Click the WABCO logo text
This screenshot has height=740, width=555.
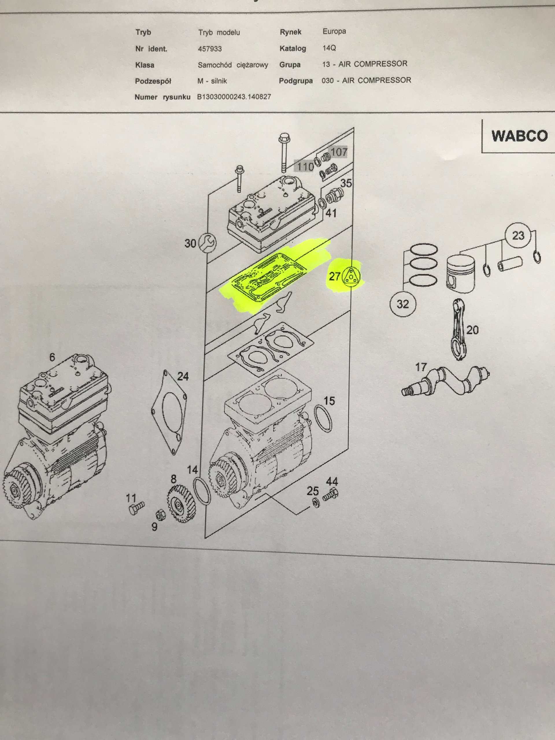click(519, 136)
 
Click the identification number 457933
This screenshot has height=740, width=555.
click(210, 49)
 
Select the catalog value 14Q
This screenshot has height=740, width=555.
click(329, 48)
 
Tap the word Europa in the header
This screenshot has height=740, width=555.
click(334, 32)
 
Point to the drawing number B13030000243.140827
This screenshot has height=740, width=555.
click(234, 97)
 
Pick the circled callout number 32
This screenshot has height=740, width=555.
click(403, 304)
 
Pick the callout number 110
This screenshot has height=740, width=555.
click(305, 166)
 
